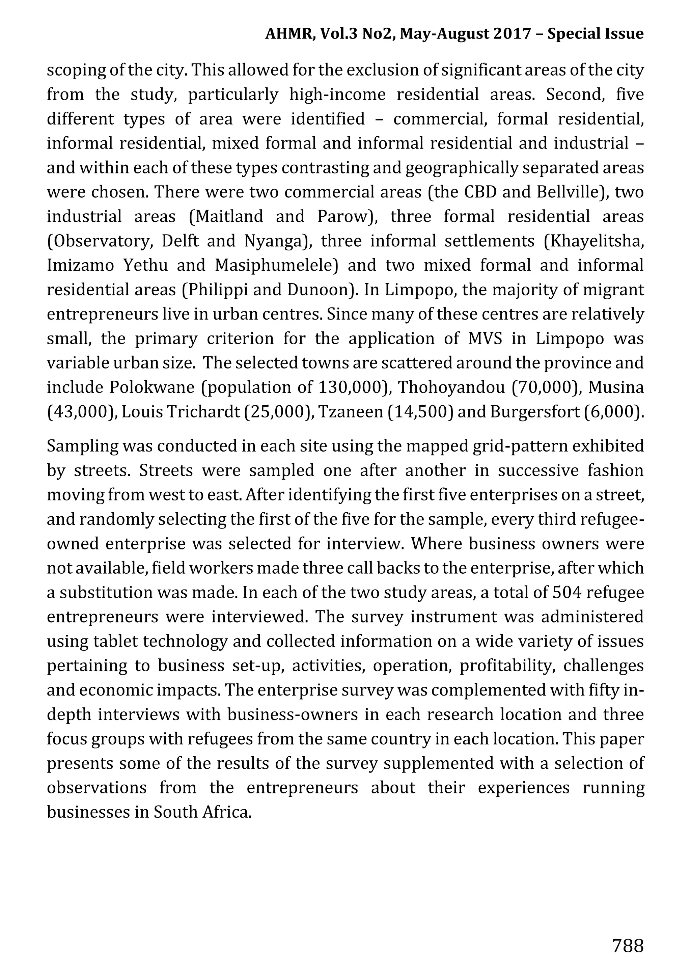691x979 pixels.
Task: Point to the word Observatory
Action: pos(100,241)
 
